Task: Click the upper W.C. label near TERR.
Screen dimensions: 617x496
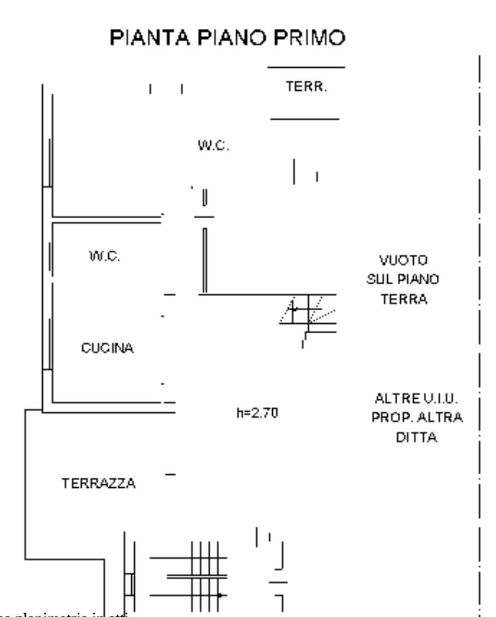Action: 213,146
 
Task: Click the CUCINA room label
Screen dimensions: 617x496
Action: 108,348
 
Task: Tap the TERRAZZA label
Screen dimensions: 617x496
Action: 99,483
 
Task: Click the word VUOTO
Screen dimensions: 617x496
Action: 404,261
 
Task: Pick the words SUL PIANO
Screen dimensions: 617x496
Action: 404,280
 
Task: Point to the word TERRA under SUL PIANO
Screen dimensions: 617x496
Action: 404,299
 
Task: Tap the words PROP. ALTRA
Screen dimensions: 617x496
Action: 417,418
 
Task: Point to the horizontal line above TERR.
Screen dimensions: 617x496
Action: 305,68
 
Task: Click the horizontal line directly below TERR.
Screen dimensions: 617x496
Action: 305,119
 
